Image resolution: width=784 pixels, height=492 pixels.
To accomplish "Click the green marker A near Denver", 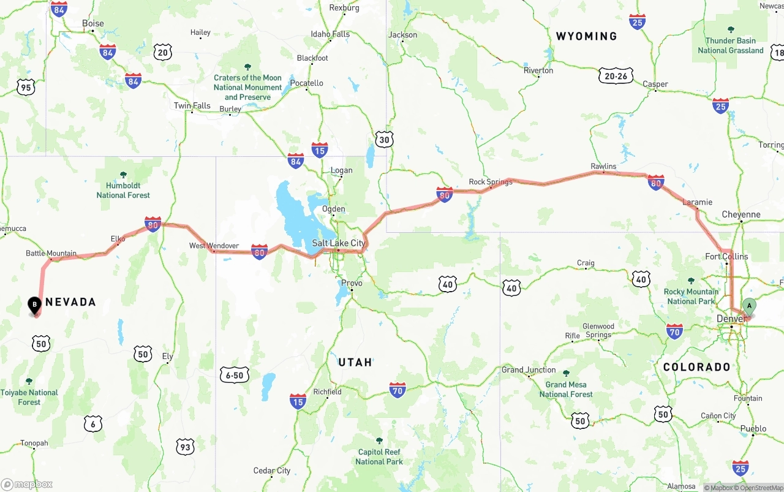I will pyautogui.click(x=748, y=306).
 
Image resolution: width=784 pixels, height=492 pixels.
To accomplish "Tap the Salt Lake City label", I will pyautogui.click(x=338, y=243).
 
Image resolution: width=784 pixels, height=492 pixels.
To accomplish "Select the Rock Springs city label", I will pyautogui.click(x=490, y=182).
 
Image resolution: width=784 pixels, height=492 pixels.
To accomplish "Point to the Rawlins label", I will pyautogui.click(x=603, y=166).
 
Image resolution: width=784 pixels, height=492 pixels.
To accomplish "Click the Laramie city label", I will pyautogui.click(x=697, y=202).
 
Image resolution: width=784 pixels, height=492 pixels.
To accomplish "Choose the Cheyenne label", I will pyautogui.click(x=741, y=214).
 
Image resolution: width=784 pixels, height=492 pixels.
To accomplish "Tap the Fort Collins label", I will pyautogui.click(x=726, y=256).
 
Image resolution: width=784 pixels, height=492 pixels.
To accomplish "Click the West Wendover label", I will pyautogui.click(x=214, y=246).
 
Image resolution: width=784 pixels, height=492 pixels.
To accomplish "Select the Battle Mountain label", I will pyautogui.click(x=51, y=253).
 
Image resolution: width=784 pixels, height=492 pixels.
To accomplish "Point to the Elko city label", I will pyautogui.click(x=118, y=238).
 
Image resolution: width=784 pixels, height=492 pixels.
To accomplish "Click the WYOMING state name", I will pyautogui.click(x=586, y=36).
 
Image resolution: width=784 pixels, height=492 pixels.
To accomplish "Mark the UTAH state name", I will pyautogui.click(x=355, y=362).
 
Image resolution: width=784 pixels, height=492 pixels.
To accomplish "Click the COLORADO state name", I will pyautogui.click(x=696, y=367).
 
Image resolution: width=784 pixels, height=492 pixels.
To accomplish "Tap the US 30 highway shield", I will pyautogui.click(x=384, y=140).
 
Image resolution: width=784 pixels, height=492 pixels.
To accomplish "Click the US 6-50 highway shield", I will pyautogui.click(x=235, y=375).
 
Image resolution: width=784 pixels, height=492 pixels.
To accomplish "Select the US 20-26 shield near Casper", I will pyautogui.click(x=616, y=76).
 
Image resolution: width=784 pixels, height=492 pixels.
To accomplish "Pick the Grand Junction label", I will pyautogui.click(x=529, y=369).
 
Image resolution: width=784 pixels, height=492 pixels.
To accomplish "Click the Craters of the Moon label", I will pyautogui.click(x=247, y=87).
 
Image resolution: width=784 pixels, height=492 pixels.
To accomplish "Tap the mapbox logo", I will pyautogui.click(x=27, y=484).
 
